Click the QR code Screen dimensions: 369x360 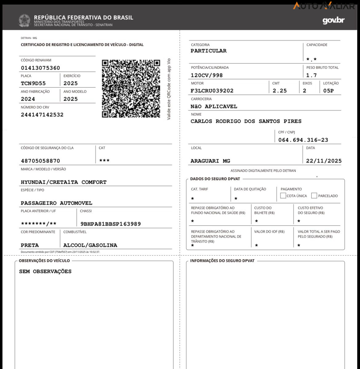[x=131, y=89]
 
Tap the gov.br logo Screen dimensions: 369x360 [x=333, y=21]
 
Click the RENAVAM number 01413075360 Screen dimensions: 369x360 [x=40, y=68]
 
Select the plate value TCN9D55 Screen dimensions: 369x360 [x=33, y=83]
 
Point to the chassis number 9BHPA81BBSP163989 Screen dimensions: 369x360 [x=110, y=224]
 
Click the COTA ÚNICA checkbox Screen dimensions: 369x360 [x=283, y=195]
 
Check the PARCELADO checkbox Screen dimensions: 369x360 [x=314, y=195]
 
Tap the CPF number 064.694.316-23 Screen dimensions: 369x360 [x=303, y=140]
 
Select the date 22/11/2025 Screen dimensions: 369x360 [x=324, y=161]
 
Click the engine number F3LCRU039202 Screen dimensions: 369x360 [x=212, y=91]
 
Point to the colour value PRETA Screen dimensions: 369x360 [x=30, y=245]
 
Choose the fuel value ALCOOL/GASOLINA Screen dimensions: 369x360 [x=90, y=245]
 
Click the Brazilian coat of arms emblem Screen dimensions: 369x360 [x=24, y=21]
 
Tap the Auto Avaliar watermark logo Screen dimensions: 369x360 [x=324, y=6]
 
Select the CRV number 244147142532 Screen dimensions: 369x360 [x=42, y=115]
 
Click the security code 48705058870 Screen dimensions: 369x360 [x=40, y=161]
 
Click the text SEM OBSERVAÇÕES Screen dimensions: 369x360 [x=45, y=271]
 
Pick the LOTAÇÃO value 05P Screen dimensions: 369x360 [x=328, y=91]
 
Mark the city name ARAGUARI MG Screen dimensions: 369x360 [x=210, y=161]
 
